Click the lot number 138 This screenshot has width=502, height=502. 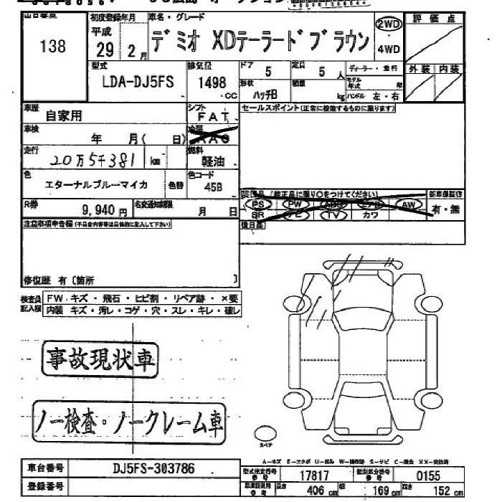click(x=52, y=47)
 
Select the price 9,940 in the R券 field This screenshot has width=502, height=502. click(x=103, y=211)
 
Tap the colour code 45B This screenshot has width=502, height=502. click(x=213, y=187)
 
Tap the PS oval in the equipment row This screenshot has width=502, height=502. click(x=259, y=205)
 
